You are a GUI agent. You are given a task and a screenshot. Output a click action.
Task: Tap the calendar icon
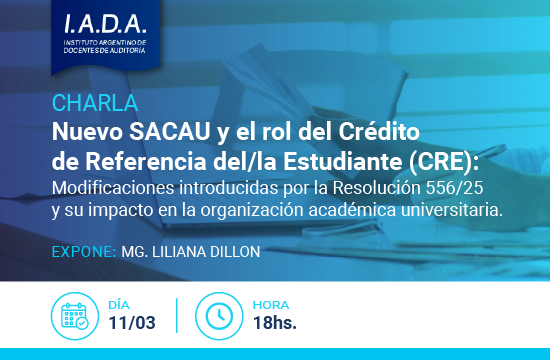click(73, 315)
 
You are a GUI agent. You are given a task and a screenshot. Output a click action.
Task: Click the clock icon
click(219, 315)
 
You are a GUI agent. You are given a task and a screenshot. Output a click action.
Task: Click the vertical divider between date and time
click(177, 315)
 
